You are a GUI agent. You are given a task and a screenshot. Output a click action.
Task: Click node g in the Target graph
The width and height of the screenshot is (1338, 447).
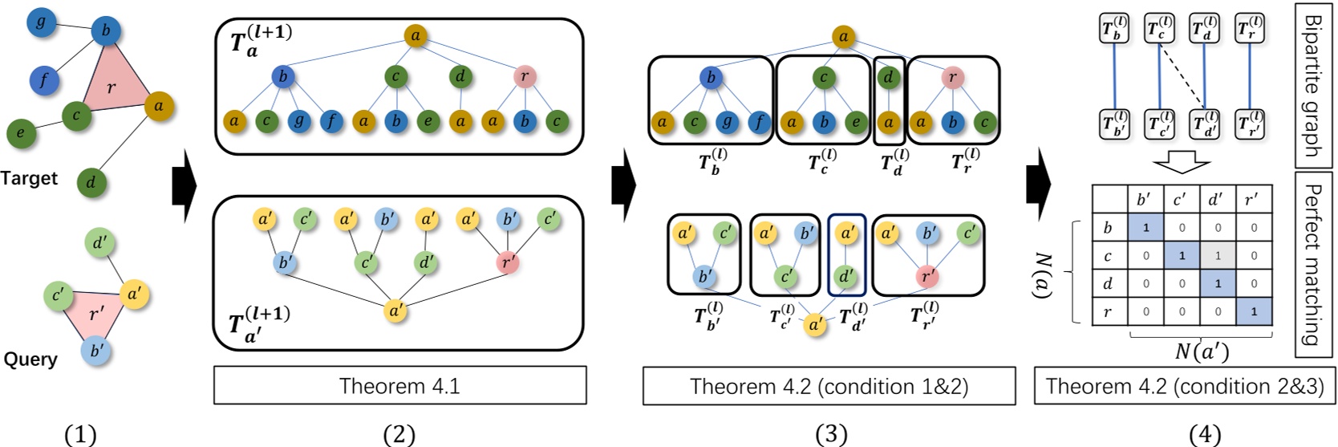pyautogui.click(x=40, y=22)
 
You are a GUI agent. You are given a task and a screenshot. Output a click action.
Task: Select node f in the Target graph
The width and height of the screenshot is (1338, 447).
pyautogui.click(x=45, y=80)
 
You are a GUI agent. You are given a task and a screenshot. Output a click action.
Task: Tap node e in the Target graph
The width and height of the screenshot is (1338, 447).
pyautogui.click(x=21, y=132)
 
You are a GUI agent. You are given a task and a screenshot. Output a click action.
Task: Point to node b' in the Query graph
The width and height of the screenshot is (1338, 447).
pyautogui.click(x=96, y=351)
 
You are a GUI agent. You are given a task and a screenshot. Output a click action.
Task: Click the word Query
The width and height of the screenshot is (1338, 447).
pyautogui.click(x=30, y=359)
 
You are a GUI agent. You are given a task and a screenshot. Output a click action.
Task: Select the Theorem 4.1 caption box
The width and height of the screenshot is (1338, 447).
pyautogui.click(x=399, y=386)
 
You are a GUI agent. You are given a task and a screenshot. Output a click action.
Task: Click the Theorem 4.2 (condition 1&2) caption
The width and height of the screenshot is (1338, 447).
pyautogui.click(x=829, y=386)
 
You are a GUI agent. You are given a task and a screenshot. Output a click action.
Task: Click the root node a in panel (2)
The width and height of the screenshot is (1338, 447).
pyautogui.click(x=415, y=36)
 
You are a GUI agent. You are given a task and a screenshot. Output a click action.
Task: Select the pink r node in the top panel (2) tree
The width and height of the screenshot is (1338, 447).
pyautogui.click(x=525, y=78)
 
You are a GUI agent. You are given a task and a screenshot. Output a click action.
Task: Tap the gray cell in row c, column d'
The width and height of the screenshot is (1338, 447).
pyautogui.click(x=1218, y=256)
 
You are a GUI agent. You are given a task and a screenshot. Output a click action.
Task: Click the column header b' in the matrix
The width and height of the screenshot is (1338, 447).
pyautogui.click(x=1145, y=200)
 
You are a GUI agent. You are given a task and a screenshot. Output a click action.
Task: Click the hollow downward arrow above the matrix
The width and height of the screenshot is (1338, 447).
pyautogui.click(x=1182, y=163)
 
